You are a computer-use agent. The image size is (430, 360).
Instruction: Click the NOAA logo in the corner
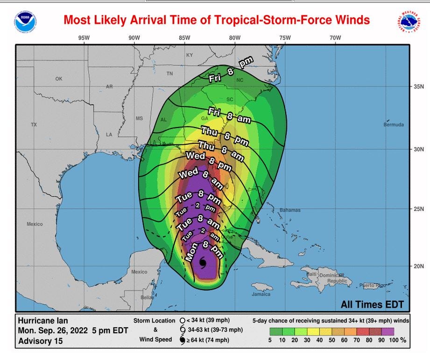click(25, 21)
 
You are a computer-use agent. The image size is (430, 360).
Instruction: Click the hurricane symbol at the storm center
click(203, 264)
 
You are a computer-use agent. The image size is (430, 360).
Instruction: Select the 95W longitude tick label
click(84, 37)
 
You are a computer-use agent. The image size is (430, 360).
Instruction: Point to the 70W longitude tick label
click(335, 37)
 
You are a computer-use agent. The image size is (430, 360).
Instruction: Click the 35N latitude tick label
click(418, 87)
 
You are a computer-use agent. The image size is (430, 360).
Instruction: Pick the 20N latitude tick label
click(418, 266)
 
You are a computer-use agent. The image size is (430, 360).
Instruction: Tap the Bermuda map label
click(392, 125)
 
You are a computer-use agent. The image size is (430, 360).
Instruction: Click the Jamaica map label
click(261, 294)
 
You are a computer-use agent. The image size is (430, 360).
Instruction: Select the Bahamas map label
click(290, 210)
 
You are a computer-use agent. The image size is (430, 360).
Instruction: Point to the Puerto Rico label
click(373, 285)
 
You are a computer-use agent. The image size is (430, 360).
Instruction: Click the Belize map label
click(148, 297)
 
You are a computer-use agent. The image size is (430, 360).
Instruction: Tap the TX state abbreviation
click(34, 125)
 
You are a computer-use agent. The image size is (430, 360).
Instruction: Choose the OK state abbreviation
click(58, 79)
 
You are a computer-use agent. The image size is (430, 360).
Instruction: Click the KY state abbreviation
click(190, 55)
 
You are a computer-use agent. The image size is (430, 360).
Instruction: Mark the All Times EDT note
click(372, 305)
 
